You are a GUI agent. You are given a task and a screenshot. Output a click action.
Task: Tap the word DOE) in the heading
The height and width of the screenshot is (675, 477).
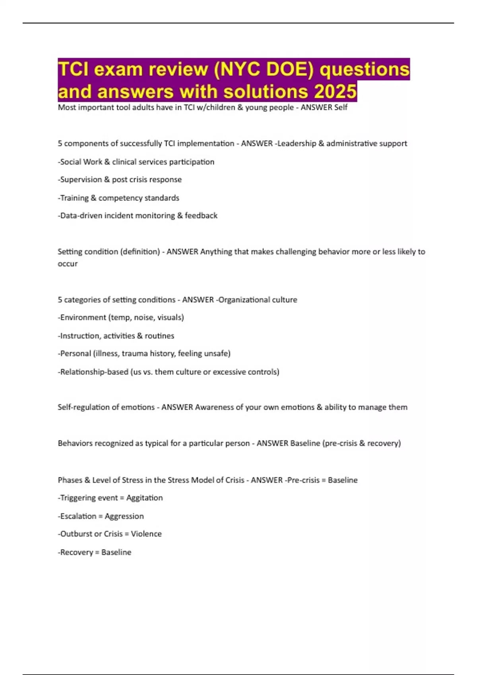tap(290, 69)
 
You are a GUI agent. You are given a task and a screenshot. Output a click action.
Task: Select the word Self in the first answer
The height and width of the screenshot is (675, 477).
tap(341, 107)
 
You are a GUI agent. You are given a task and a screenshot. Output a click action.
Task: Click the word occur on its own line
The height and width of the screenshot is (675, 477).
tap(68, 264)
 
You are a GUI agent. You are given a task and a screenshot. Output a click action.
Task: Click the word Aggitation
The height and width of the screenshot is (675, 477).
tap(144, 498)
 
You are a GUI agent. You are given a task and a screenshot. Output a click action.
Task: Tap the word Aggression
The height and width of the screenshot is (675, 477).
tap(124, 516)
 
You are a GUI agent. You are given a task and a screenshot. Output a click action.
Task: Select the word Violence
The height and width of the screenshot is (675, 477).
tap(146, 534)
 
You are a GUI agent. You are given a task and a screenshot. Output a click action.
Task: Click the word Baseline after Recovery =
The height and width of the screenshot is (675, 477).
tap(116, 552)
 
